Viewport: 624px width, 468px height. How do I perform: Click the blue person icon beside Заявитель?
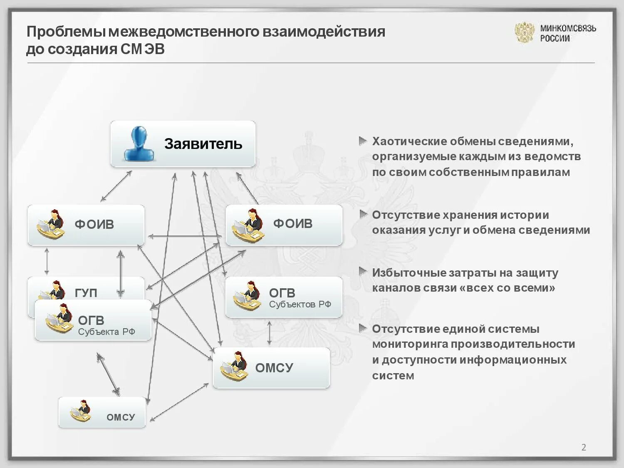click(x=139, y=144)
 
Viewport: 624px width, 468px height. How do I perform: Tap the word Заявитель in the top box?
click(x=203, y=144)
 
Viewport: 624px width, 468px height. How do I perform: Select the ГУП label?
click(x=86, y=292)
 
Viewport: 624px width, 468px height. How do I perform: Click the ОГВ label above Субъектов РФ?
click(x=282, y=293)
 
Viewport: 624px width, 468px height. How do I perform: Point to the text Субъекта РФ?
click(x=106, y=332)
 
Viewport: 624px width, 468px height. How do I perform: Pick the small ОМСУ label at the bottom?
click(x=121, y=417)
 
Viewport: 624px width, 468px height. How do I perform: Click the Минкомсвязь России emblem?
click(x=524, y=32)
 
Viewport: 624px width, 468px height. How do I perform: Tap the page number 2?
click(x=584, y=447)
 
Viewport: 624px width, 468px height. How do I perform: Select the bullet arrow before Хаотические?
click(x=363, y=141)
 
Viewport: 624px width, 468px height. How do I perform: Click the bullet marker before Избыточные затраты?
click(x=363, y=272)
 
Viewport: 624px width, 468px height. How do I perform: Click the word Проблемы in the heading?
click(x=66, y=32)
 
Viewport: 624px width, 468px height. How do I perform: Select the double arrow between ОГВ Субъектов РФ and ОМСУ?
click(x=270, y=333)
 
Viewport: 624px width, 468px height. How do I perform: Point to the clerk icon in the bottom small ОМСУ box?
click(x=80, y=411)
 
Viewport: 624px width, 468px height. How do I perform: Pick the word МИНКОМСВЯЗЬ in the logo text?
click(x=568, y=28)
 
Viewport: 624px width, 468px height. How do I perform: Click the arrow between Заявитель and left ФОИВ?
click(x=116, y=186)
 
